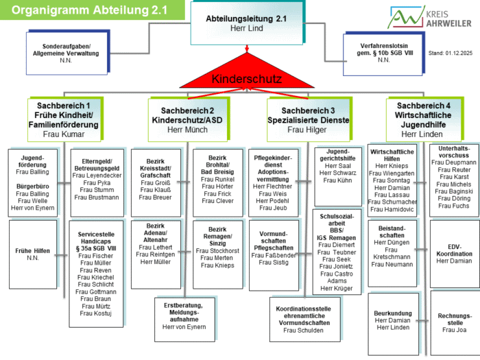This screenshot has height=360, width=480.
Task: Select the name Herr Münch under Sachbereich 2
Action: point(187,130)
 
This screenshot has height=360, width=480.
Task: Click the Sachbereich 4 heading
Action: point(423,115)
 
